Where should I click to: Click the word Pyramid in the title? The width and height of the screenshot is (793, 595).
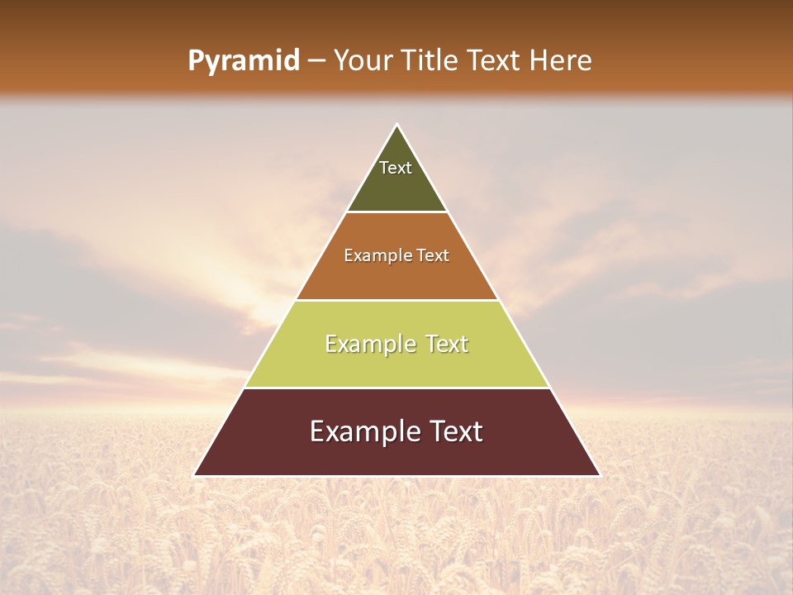coord(243,61)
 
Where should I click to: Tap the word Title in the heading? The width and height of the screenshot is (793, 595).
coord(430,60)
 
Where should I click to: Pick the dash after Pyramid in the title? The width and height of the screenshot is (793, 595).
coord(316,61)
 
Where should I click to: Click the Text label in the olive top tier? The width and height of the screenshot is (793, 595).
coord(396,168)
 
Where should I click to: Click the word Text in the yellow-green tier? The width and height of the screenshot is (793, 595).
coord(447,344)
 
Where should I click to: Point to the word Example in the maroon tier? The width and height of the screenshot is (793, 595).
coord(361,431)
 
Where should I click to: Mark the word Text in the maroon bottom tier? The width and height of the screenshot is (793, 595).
coord(453,431)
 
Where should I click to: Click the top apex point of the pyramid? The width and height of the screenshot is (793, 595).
coord(396,126)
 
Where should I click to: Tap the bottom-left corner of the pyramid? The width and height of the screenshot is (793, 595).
coord(195,475)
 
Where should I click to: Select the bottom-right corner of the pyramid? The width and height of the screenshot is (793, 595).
coord(599,475)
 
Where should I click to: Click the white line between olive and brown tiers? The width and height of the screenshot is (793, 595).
coord(396,212)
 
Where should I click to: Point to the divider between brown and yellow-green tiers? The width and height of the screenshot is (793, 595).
coord(396,300)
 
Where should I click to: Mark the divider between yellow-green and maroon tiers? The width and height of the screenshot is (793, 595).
coord(396,388)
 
